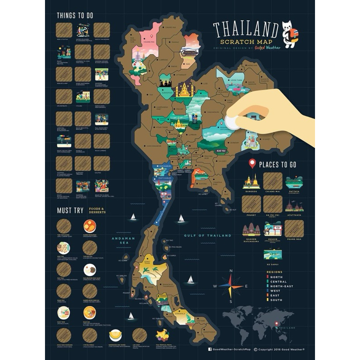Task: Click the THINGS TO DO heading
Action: click(x=75, y=15)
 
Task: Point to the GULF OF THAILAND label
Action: click(x=207, y=235)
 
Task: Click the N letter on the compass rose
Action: click(x=231, y=270)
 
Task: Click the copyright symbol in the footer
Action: click(x=256, y=349)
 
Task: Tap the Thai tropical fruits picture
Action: click(x=162, y=334)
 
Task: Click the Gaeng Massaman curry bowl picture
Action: click(x=90, y=225)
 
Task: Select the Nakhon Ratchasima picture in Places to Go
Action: click(x=251, y=229)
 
